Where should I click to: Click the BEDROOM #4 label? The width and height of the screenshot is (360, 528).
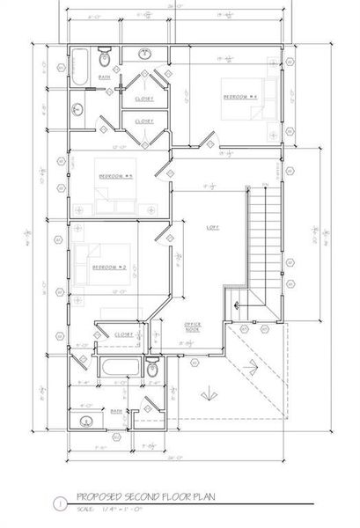239,96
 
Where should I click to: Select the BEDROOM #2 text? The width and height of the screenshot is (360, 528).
111,266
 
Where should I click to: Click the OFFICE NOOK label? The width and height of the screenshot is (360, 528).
193,326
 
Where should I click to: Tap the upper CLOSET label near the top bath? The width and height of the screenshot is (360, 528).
144,99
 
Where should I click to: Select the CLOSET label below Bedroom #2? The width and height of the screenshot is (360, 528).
123,334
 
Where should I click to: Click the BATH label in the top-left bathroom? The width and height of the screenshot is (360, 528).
104,77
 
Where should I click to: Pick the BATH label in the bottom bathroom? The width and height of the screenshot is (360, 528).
115,410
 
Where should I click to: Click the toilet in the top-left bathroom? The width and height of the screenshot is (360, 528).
105,59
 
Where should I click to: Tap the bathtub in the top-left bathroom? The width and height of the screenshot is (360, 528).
77,68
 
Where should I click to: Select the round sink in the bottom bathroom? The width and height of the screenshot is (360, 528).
86,421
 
